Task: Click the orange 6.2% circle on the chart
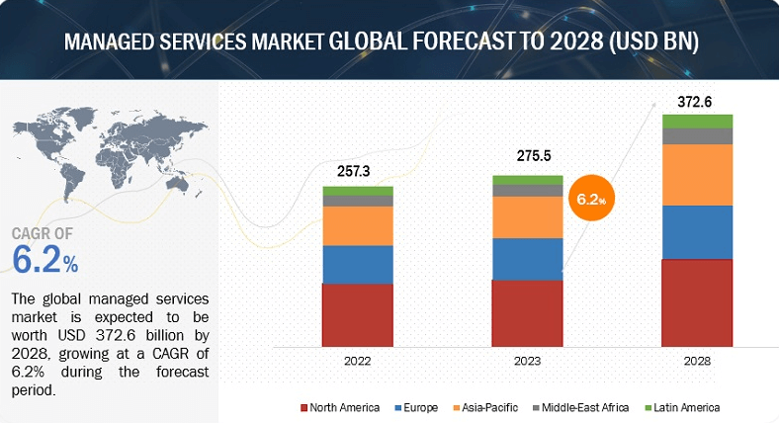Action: tap(589, 199)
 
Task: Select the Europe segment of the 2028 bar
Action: tap(697, 232)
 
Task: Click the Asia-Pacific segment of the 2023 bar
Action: tap(528, 216)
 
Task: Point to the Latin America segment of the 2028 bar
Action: tap(697, 121)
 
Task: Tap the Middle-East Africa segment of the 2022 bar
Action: tap(358, 201)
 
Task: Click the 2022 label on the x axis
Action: tap(358, 362)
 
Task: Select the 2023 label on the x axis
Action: tap(528, 362)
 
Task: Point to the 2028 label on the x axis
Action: tap(697, 362)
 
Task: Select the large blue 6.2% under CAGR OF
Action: tap(44, 260)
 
